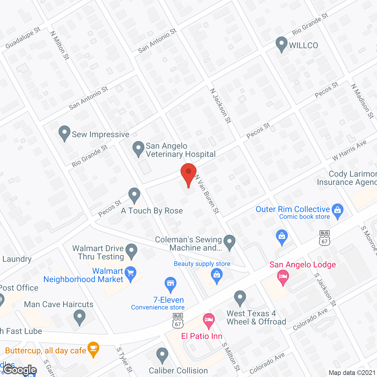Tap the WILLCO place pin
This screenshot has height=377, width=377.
281,44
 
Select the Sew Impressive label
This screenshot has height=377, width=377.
100,135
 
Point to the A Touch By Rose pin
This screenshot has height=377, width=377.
134,195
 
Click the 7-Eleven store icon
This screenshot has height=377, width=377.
170,284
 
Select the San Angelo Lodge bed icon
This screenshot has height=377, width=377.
283,277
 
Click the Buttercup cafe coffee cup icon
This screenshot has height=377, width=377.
93,349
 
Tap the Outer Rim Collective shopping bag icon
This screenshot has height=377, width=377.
338,210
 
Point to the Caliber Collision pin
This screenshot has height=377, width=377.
162,355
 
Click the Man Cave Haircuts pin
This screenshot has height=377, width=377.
79,317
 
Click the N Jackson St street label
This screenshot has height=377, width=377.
221,106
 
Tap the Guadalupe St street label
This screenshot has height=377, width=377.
23,38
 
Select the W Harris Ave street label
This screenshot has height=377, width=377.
349,150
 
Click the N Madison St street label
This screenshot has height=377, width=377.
362,101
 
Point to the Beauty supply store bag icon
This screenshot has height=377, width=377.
217,276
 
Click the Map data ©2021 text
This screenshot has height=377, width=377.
352,373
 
